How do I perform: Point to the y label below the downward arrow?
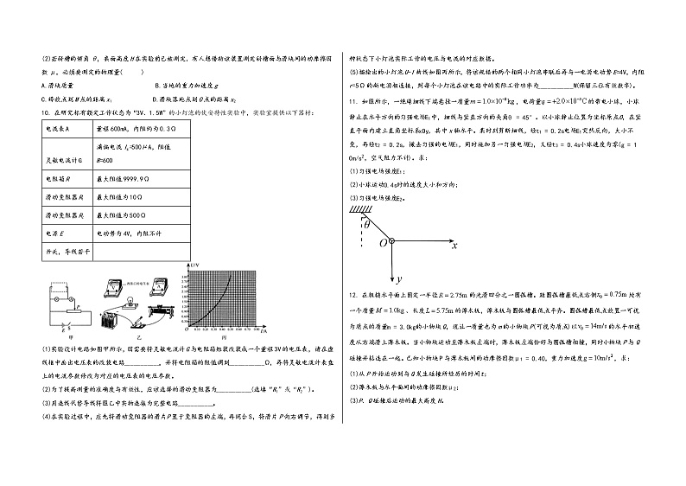click(x=402, y=279)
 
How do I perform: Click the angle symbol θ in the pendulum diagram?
click(x=365, y=224)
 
